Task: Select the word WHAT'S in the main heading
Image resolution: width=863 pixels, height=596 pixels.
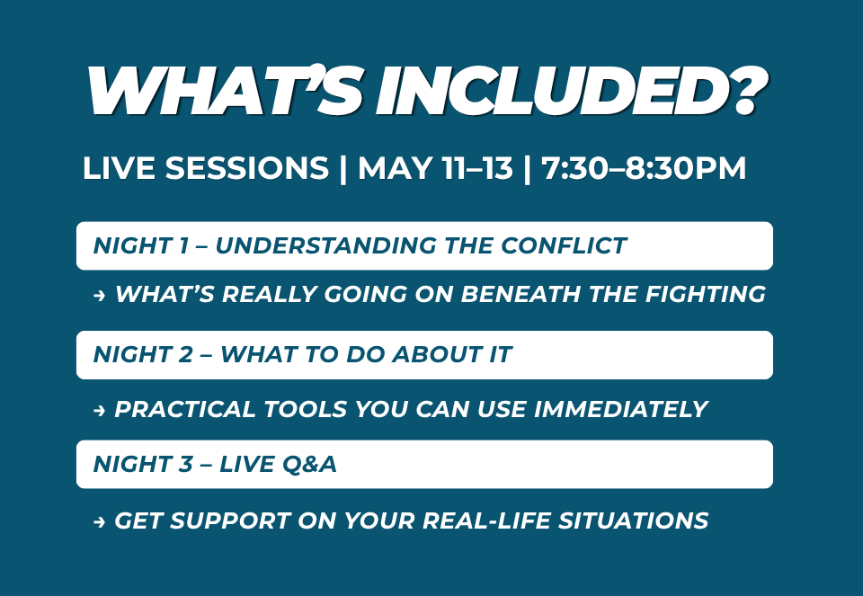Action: click(224, 91)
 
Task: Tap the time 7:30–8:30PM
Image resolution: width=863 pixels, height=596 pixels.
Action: click(644, 168)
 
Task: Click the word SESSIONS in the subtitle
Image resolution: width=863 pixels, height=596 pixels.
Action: click(246, 168)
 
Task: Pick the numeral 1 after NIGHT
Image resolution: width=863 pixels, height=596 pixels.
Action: click(183, 245)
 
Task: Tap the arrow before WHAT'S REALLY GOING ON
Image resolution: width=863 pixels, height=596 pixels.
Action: click(100, 296)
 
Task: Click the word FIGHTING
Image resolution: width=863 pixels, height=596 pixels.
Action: click(705, 294)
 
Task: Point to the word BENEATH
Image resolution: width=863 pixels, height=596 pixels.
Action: click(520, 294)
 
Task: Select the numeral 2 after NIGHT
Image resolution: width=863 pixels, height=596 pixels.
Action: click(185, 354)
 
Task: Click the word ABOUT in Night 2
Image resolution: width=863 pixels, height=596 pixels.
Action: click(437, 354)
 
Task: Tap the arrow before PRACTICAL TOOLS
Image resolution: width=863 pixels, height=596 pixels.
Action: click(100, 411)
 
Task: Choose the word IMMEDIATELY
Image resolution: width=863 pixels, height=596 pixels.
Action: click(620, 409)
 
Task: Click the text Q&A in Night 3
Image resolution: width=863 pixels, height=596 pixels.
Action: click(308, 464)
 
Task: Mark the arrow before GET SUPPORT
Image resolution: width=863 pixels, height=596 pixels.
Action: click(100, 521)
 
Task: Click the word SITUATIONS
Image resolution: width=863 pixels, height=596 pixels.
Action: click(633, 520)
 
